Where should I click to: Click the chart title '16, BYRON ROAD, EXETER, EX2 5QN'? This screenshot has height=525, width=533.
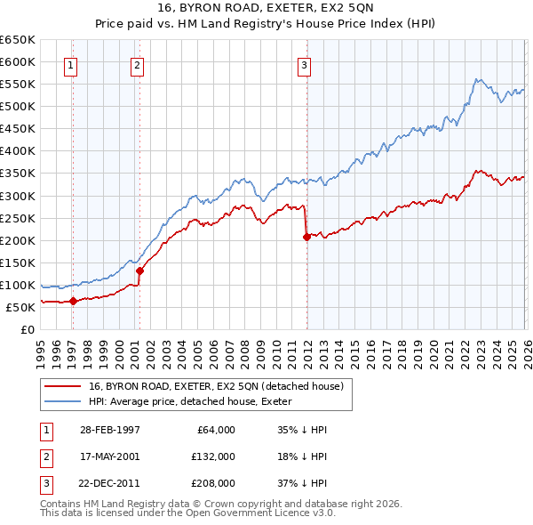click(266, 10)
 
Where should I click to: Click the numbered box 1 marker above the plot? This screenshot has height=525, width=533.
click(70, 64)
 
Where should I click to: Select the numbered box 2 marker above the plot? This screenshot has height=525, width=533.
click(137, 64)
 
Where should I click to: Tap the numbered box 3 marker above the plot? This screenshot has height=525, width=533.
click(304, 64)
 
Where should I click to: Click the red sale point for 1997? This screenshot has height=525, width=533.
click(73, 301)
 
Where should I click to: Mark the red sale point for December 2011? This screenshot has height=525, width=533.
click(306, 237)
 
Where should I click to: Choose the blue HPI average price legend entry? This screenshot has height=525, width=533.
click(195, 401)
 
